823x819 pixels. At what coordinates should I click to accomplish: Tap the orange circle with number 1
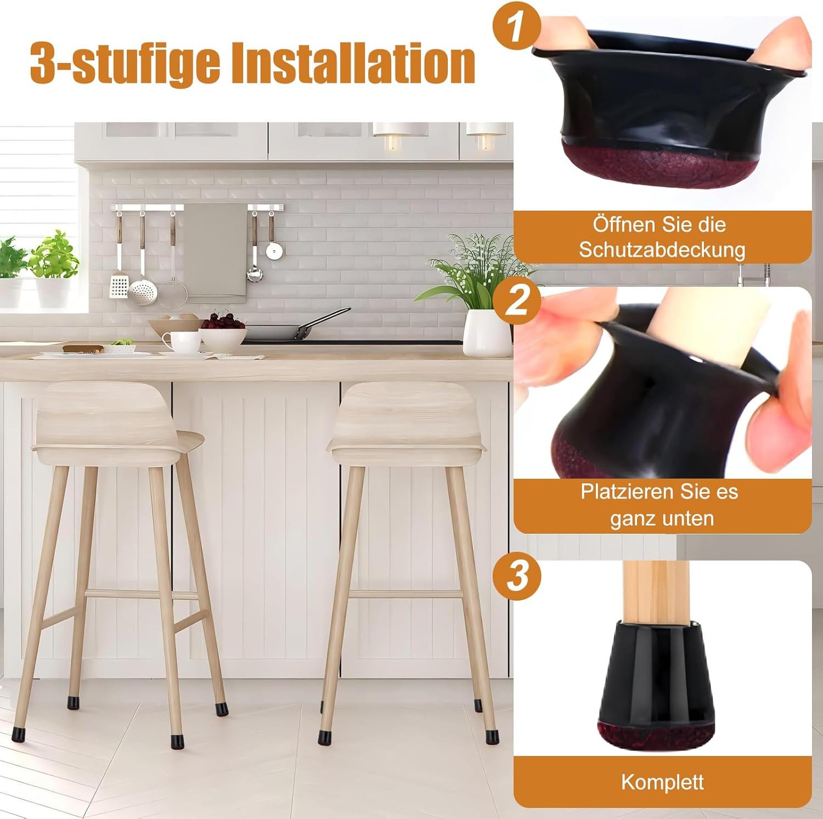515,30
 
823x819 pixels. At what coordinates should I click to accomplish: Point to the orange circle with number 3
515,576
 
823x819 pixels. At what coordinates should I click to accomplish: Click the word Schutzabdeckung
662,250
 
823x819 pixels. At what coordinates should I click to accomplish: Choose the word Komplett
662,782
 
